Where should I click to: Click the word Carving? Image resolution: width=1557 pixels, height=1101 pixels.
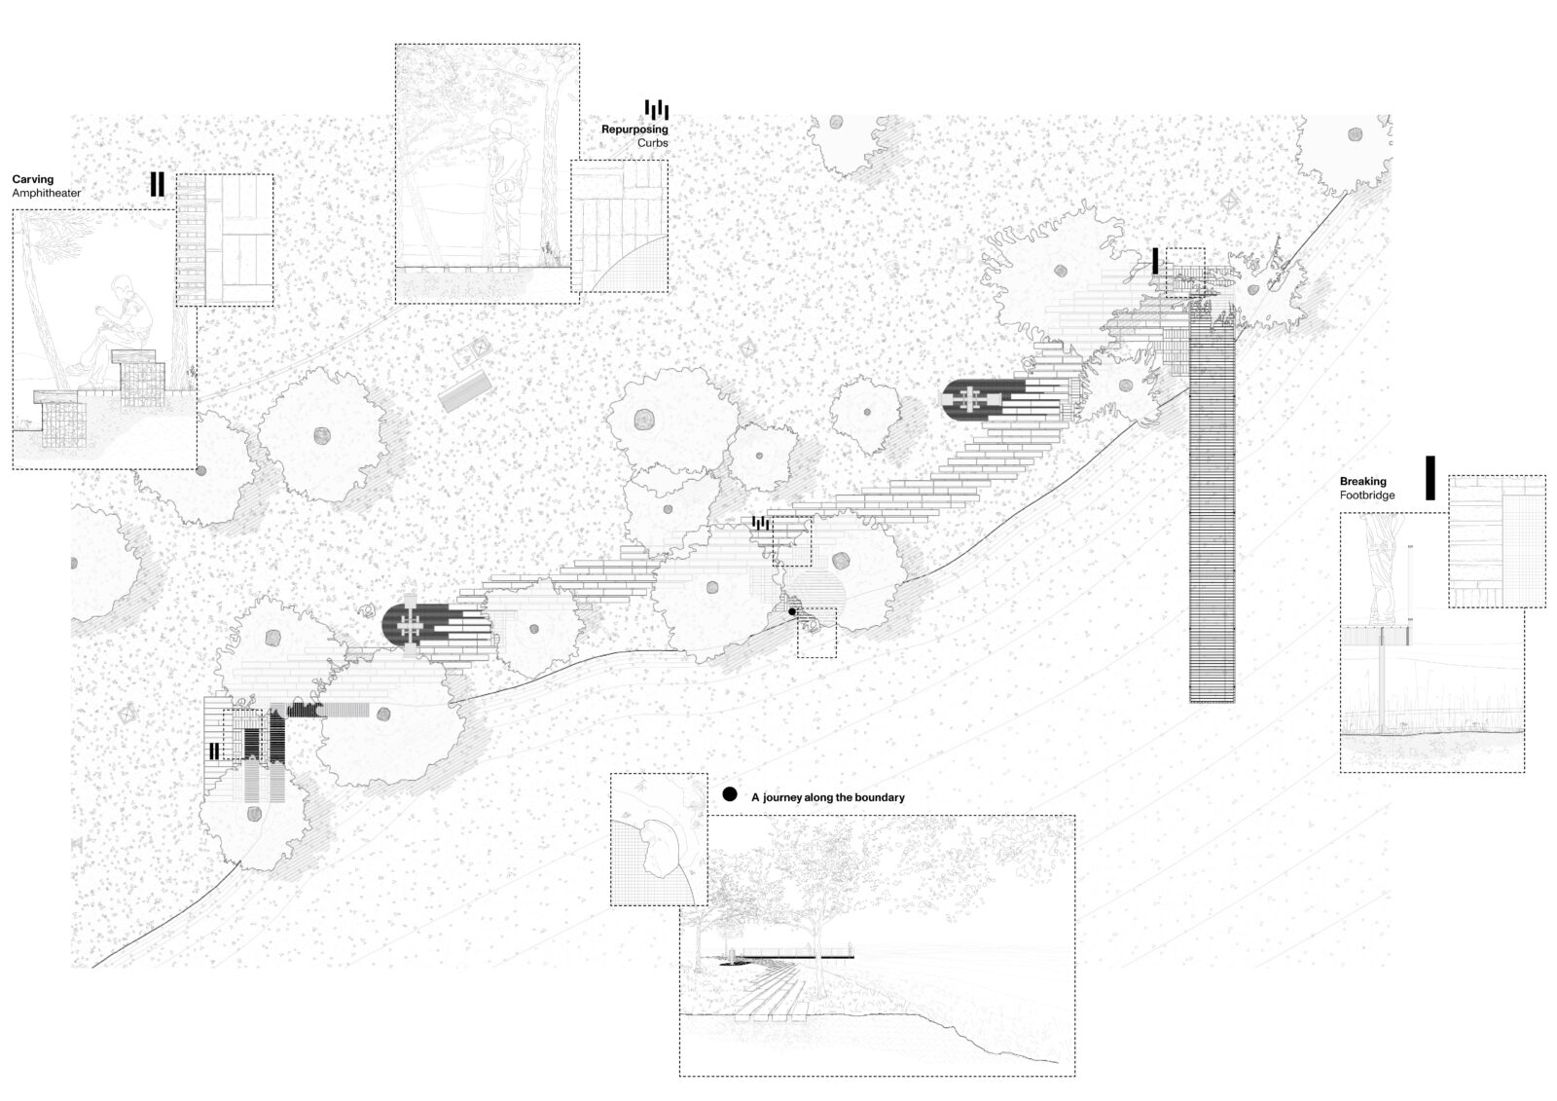(x=33, y=179)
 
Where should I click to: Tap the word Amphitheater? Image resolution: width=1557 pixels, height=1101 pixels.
(x=47, y=194)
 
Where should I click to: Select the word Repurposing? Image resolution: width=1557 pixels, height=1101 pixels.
(x=634, y=129)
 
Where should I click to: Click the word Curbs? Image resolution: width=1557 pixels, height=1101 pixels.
(x=653, y=143)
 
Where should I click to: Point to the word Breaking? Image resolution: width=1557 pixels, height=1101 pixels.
(x=1363, y=481)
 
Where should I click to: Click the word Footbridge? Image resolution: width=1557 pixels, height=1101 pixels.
(x=1367, y=495)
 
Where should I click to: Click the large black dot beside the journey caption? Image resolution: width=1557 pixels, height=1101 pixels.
(x=729, y=794)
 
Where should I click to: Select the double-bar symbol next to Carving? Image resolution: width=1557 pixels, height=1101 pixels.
(x=158, y=184)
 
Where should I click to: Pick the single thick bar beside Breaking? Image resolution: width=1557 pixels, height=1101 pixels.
(x=1430, y=478)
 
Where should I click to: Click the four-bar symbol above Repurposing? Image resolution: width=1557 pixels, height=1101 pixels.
(x=657, y=109)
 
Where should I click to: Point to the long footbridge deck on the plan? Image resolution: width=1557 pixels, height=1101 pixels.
(x=1213, y=504)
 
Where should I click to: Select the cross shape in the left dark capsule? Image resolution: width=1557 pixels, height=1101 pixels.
(x=410, y=625)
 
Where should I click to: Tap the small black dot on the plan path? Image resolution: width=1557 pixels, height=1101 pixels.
(x=792, y=612)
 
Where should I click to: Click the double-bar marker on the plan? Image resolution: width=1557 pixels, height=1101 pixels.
(x=214, y=751)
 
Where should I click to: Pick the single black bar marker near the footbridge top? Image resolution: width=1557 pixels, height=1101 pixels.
(x=1155, y=261)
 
